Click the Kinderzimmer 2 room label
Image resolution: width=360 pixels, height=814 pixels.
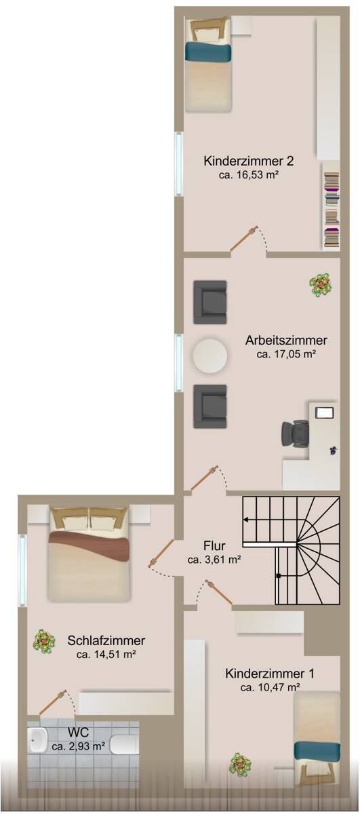click(x=248, y=161)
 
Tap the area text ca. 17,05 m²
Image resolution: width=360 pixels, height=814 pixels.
click(x=287, y=353)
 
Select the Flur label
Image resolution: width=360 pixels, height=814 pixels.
click(x=214, y=546)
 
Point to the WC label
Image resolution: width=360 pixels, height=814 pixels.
click(x=78, y=733)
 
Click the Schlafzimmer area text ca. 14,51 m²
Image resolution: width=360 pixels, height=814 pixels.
click(x=106, y=655)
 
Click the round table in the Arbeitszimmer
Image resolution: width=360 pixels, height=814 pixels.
click(x=211, y=355)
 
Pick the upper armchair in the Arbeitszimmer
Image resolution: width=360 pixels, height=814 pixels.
click(x=209, y=302)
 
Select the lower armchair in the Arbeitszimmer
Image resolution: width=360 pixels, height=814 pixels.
click(x=209, y=406)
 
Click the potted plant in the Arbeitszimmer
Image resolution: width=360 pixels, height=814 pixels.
click(x=321, y=284)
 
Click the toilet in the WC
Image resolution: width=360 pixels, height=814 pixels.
click(x=124, y=744)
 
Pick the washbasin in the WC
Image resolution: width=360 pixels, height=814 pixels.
click(x=37, y=741)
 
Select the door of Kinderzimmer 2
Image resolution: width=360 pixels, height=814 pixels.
click(x=243, y=239)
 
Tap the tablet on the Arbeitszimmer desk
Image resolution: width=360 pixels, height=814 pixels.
click(x=325, y=412)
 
